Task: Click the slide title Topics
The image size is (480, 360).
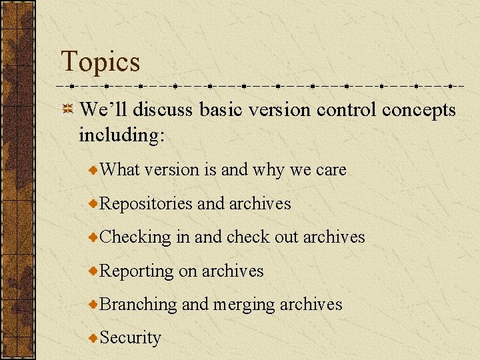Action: click(101, 62)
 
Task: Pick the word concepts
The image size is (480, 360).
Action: click(419, 111)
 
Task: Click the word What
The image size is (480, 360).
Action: click(120, 170)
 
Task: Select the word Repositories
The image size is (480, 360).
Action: click(146, 204)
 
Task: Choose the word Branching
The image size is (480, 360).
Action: click(138, 305)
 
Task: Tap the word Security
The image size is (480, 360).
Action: click(130, 338)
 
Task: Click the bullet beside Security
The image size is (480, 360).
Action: click(94, 338)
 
